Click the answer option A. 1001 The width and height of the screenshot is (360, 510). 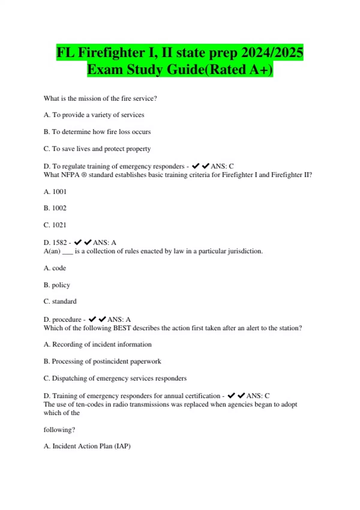(x=55, y=192)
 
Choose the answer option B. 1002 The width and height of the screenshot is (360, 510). (x=55, y=208)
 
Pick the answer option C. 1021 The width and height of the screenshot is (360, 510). (x=55, y=225)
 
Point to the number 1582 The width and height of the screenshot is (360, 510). (x=59, y=242)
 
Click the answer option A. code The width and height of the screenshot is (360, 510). (x=55, y=268)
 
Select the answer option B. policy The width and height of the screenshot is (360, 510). (x=57, y=285)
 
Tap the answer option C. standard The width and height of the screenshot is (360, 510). (x=60, y=301)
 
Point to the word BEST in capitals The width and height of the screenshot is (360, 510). (x=122, y=328)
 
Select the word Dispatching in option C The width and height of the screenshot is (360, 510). (x=69, y=378)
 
